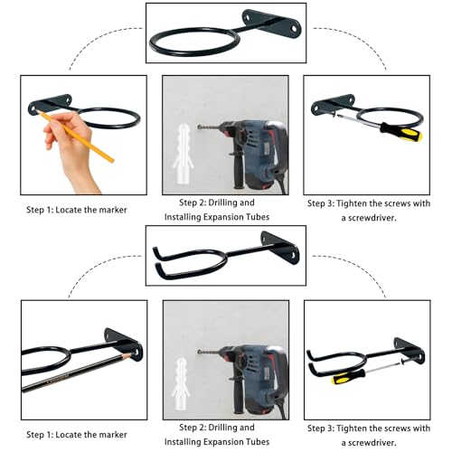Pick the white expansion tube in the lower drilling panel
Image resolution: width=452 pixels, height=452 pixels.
tap(181, 383)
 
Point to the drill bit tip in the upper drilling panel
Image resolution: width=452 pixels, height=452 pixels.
tap(199, 127)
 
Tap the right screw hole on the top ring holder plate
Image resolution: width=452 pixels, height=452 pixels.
tap(293, 29)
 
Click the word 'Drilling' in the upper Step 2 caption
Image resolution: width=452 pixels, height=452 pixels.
tap(223, 202)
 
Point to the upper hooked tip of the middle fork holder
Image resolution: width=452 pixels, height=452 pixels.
tap(155, 250)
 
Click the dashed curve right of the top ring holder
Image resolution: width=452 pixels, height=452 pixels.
tap(353, 40)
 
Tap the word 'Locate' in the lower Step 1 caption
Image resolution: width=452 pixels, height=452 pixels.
tap(69, 435)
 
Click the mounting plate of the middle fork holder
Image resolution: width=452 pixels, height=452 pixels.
tap(281, 247)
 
